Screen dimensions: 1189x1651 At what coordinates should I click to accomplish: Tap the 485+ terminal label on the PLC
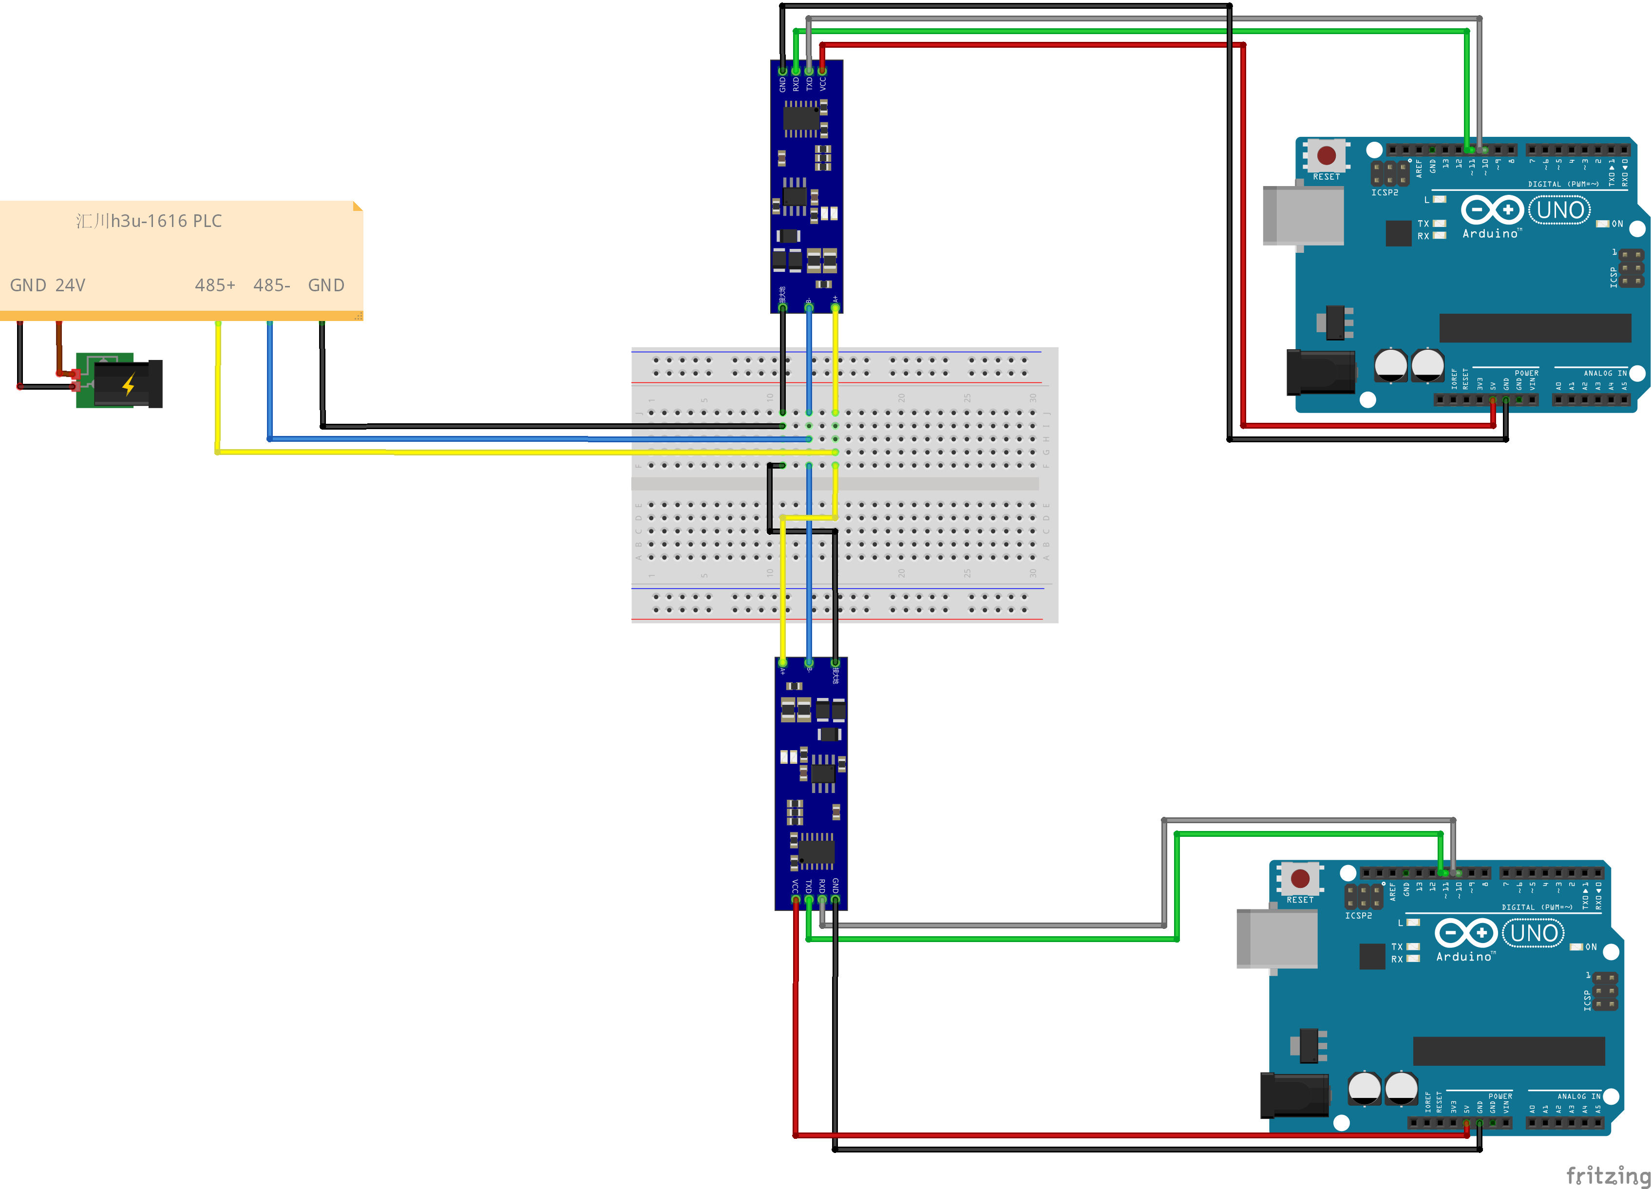[x=215, y=285]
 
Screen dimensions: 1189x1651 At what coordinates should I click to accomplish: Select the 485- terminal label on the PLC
[x=271, y=285]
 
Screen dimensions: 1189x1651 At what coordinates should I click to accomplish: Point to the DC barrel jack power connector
[x=127, y=383]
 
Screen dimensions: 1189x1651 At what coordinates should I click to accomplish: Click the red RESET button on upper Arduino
[x=1327, y=155]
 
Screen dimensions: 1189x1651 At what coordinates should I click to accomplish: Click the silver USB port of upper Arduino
[x=1303, y=215]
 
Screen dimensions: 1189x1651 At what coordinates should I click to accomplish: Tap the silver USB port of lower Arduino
[x=1277, y=939]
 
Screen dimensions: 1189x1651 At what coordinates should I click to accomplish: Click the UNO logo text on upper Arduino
[x=1560, y=210]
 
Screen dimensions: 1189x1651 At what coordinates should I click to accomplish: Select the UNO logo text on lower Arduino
[x=1534, y=934]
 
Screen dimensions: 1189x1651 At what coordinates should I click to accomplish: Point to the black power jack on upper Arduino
[x=1320, y=372]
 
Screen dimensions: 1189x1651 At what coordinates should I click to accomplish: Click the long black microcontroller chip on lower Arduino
[x=1508, y=1051]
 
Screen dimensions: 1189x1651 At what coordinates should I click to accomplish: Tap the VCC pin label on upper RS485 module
[x=823, y=84]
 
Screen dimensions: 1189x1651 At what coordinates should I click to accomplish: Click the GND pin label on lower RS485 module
[x=835, y=885]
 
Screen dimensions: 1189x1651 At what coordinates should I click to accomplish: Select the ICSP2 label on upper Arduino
[x=1385, y=193]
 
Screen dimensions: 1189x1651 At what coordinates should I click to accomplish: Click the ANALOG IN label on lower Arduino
[x=1578, y=1096]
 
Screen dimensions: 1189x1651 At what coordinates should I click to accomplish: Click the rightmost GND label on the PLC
[x=326, y=285]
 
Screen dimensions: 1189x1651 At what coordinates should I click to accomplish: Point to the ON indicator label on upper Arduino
[x=1617, y=224]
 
